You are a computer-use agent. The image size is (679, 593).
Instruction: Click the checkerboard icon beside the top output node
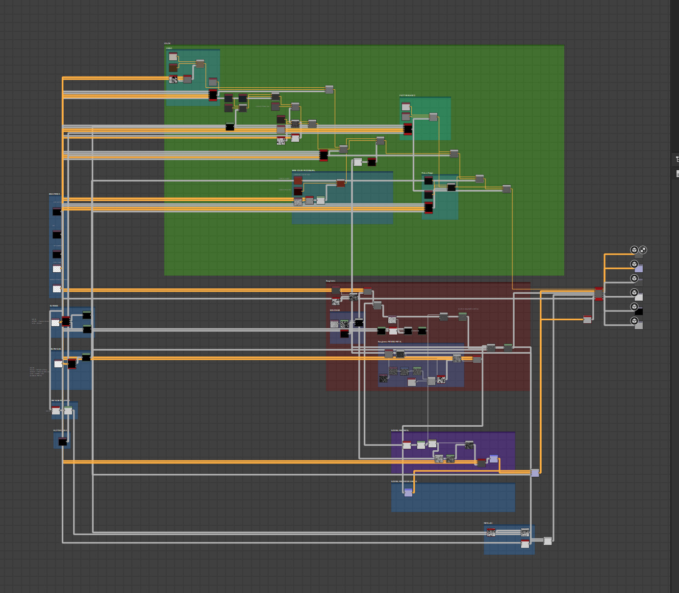643,250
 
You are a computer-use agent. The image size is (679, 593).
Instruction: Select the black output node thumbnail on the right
638,311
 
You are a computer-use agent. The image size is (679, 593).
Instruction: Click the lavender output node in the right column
638,269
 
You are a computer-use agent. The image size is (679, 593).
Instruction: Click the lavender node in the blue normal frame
408,492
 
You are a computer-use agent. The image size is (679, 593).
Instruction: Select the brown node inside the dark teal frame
340,183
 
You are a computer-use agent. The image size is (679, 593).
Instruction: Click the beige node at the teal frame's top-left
173,56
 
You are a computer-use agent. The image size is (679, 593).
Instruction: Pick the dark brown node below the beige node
173,67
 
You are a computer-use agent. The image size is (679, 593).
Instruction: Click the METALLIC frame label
488,523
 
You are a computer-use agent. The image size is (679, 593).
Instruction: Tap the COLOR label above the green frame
168,44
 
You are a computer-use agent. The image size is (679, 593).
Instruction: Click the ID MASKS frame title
54,306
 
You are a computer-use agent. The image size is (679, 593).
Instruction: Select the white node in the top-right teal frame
406,106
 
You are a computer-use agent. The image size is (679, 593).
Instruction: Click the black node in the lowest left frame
63,442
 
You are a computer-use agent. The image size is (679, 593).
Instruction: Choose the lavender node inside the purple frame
494,459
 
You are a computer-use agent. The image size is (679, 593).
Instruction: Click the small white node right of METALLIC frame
548,541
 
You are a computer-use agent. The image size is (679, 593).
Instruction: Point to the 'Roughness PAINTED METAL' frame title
390,341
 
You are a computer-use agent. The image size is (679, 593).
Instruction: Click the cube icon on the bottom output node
634,321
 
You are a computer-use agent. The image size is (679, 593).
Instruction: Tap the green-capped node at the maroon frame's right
508,348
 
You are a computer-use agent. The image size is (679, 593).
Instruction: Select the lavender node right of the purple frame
535,473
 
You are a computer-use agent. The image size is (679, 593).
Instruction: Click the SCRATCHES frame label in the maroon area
335,310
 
